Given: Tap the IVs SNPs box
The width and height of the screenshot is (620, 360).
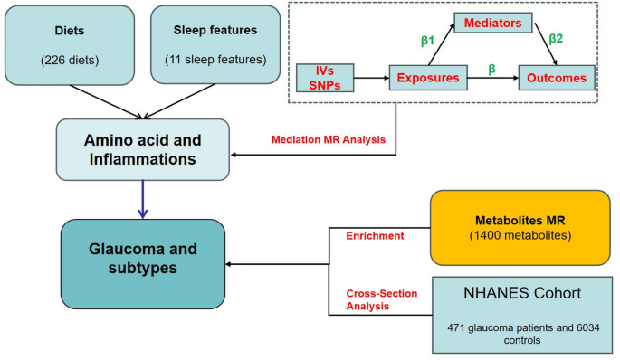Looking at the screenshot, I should [x=325, y=78].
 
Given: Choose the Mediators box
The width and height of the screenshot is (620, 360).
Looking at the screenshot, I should [x=494, y=22].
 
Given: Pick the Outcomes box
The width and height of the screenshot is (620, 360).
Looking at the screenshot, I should [x=557, y=78].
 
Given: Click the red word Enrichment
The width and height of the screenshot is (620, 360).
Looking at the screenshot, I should [x=374, y=235].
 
